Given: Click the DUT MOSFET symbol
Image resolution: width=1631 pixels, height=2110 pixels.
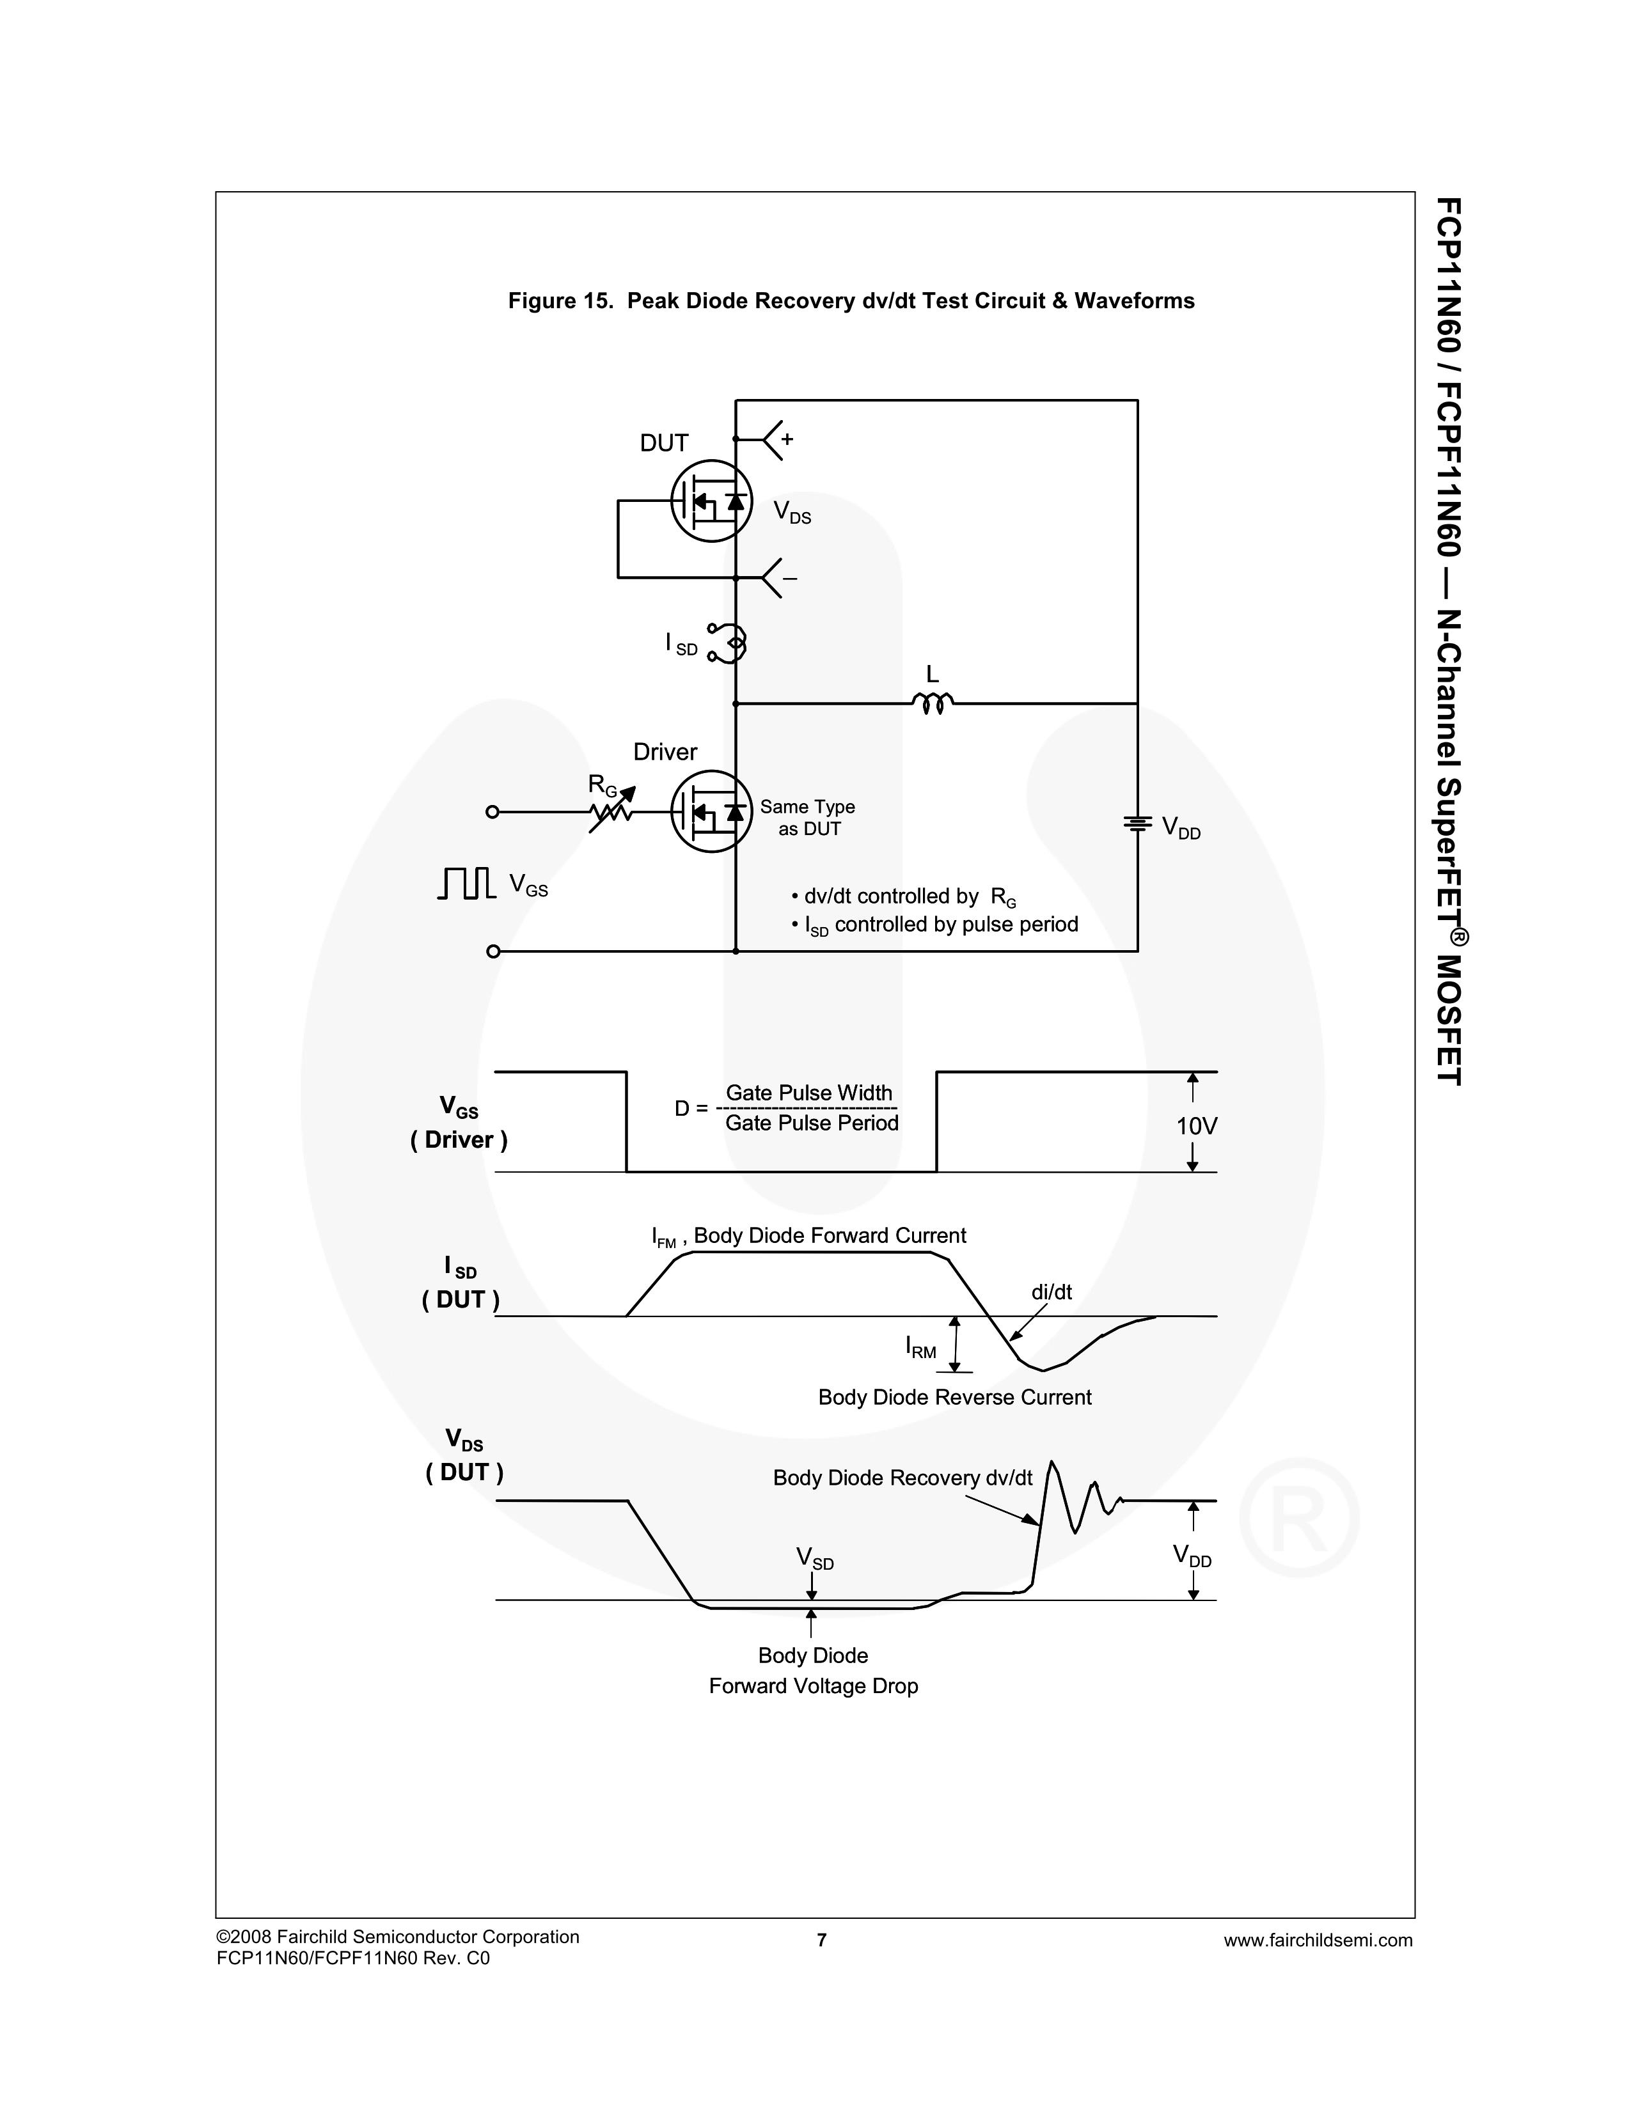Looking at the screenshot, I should click(x=711, y=501).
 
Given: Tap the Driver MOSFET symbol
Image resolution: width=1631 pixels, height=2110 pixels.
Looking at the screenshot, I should click(x=711, y=811).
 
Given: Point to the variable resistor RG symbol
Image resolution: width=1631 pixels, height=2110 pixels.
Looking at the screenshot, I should click(x=611, y=809).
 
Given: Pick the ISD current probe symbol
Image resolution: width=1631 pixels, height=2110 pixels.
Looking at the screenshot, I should click(x=730, y=643).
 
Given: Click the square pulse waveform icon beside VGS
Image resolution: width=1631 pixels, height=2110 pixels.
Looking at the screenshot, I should click(x=467, y=882).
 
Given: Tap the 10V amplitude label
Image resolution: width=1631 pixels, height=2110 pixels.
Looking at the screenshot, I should click(x=1196, y=1125).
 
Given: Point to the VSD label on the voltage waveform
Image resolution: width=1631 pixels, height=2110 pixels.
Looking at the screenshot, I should click(x=814, y=1558).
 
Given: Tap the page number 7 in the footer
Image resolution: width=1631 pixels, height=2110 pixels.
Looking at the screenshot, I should click(x=821, y=1940).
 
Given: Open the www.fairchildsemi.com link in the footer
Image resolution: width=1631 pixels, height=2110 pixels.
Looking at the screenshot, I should click(x=1318, y=1940).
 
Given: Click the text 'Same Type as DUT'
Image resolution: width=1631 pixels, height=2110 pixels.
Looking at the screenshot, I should click(x=808, y=817).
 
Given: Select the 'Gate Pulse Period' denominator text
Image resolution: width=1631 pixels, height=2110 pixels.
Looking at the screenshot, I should click(x=812, y=1123).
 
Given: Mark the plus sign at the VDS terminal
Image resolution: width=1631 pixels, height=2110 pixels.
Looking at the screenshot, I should click(x=787, y=440).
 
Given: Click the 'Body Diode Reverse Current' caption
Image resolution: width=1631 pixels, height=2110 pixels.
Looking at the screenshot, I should click(x=955, y=1397).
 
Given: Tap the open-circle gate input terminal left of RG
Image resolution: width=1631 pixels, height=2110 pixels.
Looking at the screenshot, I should click(x=492, y=811).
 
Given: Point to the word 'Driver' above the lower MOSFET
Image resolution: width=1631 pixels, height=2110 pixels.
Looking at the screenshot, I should click(x=665, y=752).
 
